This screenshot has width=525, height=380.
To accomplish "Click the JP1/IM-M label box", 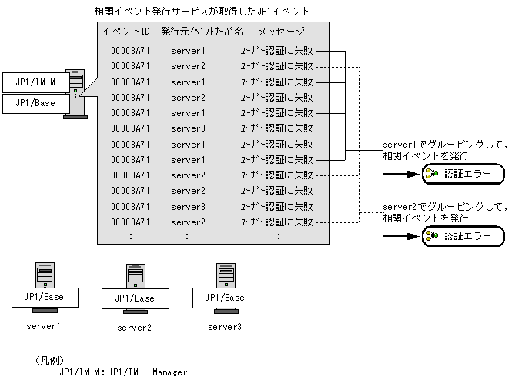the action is click(36, 82).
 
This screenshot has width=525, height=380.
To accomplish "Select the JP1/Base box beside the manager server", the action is click(36, 103).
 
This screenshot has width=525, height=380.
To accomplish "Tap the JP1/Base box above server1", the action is click(45, 298).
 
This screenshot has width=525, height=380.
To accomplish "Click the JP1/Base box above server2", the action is click(135, 298).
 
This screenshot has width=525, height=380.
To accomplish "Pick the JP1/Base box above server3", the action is click(226, 298).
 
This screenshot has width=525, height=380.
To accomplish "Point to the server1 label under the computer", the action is click(44, 326).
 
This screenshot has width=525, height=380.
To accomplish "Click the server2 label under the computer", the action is click(134, 328).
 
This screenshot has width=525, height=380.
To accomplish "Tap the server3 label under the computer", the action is click(225, 327).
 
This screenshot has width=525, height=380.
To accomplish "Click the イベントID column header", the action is click(126, 32).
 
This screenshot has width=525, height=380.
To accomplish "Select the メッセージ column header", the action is click(281, 32).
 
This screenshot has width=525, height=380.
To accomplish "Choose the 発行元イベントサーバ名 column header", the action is click(202, 32).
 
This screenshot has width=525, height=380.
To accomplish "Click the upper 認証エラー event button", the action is click(463, 174).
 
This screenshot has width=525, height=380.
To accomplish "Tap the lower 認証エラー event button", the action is click(463, 236).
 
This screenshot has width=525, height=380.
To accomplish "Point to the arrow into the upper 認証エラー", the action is click(401, 174).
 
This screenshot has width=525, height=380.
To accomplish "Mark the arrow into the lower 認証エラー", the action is click(401, 236).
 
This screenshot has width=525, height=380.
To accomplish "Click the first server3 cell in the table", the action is click(188, 128).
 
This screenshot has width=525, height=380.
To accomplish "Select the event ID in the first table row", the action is click(130, 51).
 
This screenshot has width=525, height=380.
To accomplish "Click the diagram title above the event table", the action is click(202, 12).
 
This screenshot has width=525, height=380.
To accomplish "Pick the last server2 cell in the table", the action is click(188, 222).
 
